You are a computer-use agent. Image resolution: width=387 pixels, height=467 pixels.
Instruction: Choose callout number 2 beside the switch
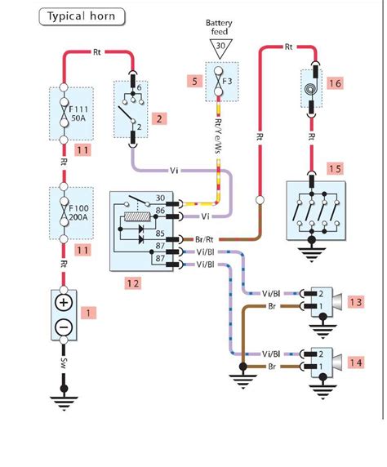pos(162,118)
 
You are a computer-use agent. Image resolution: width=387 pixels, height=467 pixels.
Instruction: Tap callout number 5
pos(193,81)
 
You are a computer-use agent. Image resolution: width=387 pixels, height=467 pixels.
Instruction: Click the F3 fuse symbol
pos(220,81)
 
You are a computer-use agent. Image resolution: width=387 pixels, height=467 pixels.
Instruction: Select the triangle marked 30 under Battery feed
pos(220,48)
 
